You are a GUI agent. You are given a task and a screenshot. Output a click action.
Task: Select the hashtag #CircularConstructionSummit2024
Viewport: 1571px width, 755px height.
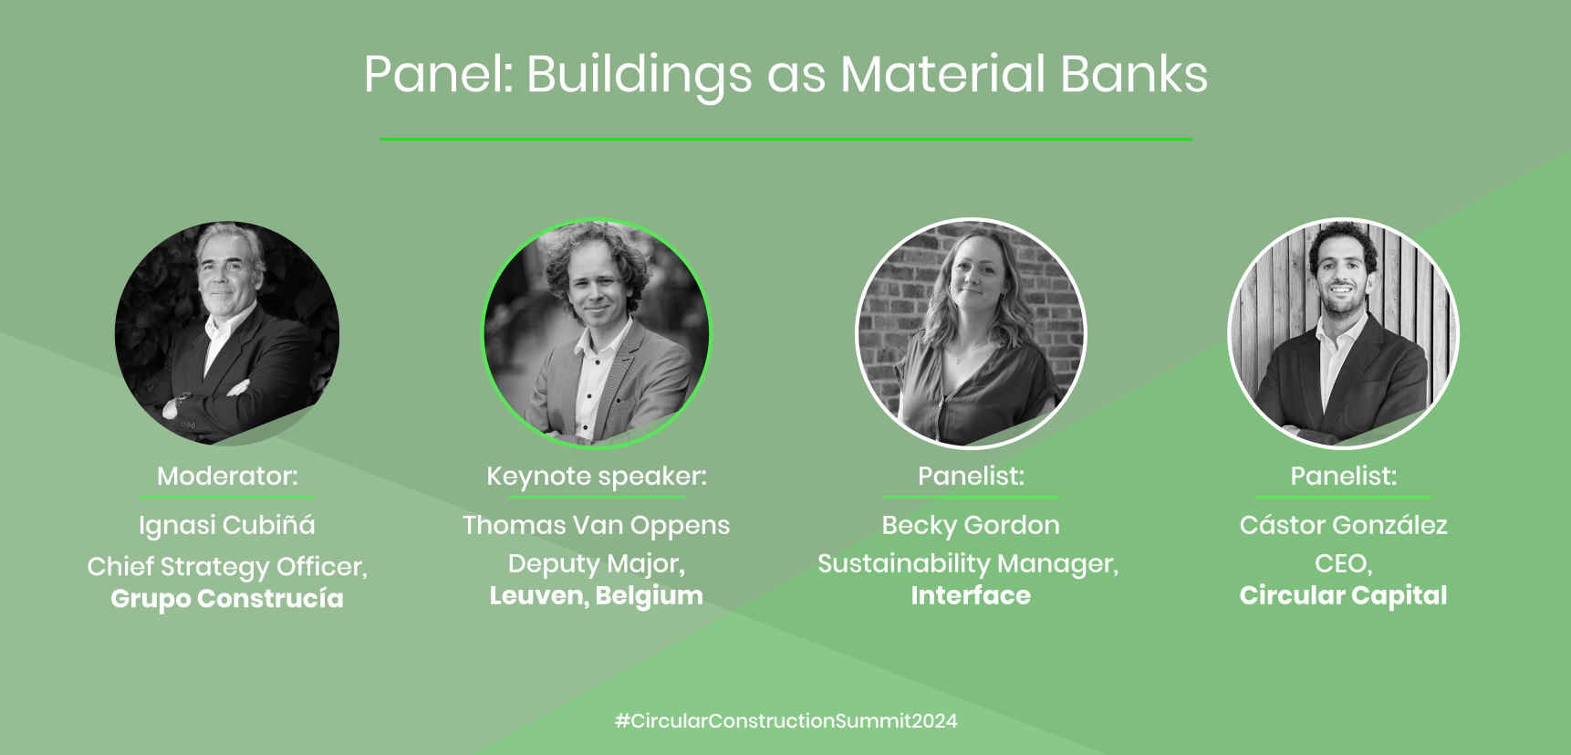tap(786, 720)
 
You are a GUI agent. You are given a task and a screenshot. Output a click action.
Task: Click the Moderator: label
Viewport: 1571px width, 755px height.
tap(227, 476)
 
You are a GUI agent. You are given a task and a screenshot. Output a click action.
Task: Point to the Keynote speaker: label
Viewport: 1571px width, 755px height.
tap(597, 477)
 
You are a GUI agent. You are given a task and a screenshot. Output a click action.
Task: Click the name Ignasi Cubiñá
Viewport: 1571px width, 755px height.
tap(227, 525)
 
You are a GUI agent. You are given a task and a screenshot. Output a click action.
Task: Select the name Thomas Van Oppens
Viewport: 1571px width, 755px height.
tap(597, 526)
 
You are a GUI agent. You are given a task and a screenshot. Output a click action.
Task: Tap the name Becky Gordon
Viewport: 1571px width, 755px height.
tap(971, 525)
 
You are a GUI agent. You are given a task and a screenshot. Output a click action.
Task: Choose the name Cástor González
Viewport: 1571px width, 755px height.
tap(1344, 525)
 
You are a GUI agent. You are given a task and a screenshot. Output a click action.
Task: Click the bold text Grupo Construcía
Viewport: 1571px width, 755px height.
tap(227, 599)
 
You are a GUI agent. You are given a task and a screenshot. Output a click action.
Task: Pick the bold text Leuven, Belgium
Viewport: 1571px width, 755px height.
tap(597, 596)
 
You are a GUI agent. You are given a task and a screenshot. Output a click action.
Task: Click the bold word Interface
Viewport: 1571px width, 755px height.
tap(971, 595)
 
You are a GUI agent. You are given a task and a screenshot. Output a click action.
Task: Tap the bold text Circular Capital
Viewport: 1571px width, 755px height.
tap(1344, 596)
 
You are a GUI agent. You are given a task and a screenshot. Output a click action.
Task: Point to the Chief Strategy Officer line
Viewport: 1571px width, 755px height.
tap(227, 567)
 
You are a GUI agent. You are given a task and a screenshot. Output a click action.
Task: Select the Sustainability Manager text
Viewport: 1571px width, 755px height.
tap(968, 564)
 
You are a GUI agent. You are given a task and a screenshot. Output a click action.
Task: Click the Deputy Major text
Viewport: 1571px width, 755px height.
tap(597, 564)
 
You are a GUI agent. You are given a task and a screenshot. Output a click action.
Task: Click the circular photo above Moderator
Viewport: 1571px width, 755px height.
tap(227, 333)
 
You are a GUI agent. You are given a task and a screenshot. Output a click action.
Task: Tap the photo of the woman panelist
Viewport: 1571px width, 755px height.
tap(971, 333)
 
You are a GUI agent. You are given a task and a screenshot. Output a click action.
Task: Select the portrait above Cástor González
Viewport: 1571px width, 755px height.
tap(1344, 333)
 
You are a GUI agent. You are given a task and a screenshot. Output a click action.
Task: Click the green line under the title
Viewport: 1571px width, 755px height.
tap(786, 139)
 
